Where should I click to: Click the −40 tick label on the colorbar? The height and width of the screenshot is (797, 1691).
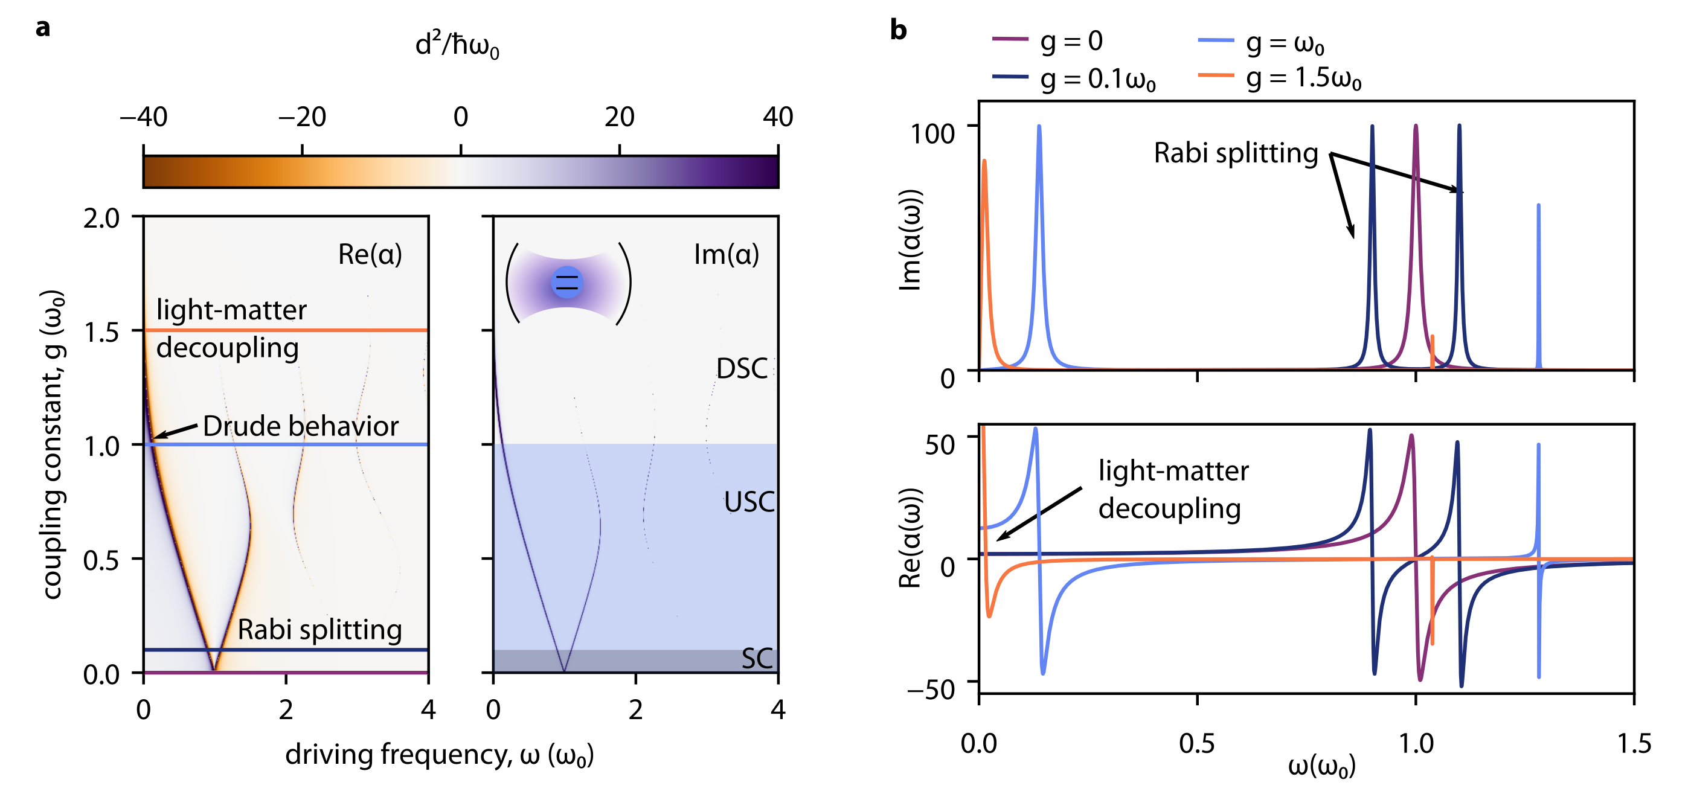143,117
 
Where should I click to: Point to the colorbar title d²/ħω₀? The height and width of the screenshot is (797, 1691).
457,45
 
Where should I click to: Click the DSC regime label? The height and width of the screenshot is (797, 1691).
742,369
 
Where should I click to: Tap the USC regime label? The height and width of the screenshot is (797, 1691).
749,502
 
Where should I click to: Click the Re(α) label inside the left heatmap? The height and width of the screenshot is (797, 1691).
370,254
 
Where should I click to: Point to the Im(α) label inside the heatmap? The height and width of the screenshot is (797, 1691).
726,254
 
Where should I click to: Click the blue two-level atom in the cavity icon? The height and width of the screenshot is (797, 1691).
566,283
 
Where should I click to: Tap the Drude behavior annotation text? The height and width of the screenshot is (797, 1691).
301,426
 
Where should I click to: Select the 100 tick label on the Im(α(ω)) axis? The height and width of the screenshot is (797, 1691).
931,133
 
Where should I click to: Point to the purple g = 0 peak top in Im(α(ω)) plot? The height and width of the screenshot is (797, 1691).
1416,126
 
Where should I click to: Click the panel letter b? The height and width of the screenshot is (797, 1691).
898,30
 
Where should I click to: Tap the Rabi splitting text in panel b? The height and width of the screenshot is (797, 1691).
1236,153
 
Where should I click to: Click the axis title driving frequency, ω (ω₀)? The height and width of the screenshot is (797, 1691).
439,755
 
